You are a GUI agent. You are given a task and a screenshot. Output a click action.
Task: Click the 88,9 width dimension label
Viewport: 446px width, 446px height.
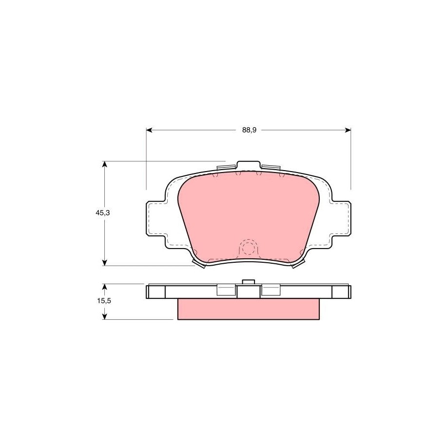pos(249,130)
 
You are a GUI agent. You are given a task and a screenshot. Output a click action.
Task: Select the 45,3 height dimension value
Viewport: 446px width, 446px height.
pos(103,213)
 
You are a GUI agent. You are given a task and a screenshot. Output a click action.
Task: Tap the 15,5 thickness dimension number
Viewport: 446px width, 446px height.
pos(104,301)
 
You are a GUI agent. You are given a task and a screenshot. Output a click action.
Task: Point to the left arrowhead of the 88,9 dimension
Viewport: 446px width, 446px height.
pos(149,130)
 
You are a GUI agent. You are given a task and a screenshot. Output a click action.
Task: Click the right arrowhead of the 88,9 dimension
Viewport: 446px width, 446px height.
pos(348,130)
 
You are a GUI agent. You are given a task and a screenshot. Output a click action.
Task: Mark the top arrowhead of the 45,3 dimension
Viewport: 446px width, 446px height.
pos(105,164)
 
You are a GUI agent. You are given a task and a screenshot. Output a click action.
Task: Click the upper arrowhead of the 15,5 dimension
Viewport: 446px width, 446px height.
pos(105,287)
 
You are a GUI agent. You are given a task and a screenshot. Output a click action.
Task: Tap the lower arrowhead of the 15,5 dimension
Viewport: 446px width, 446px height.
pos(105,316)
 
